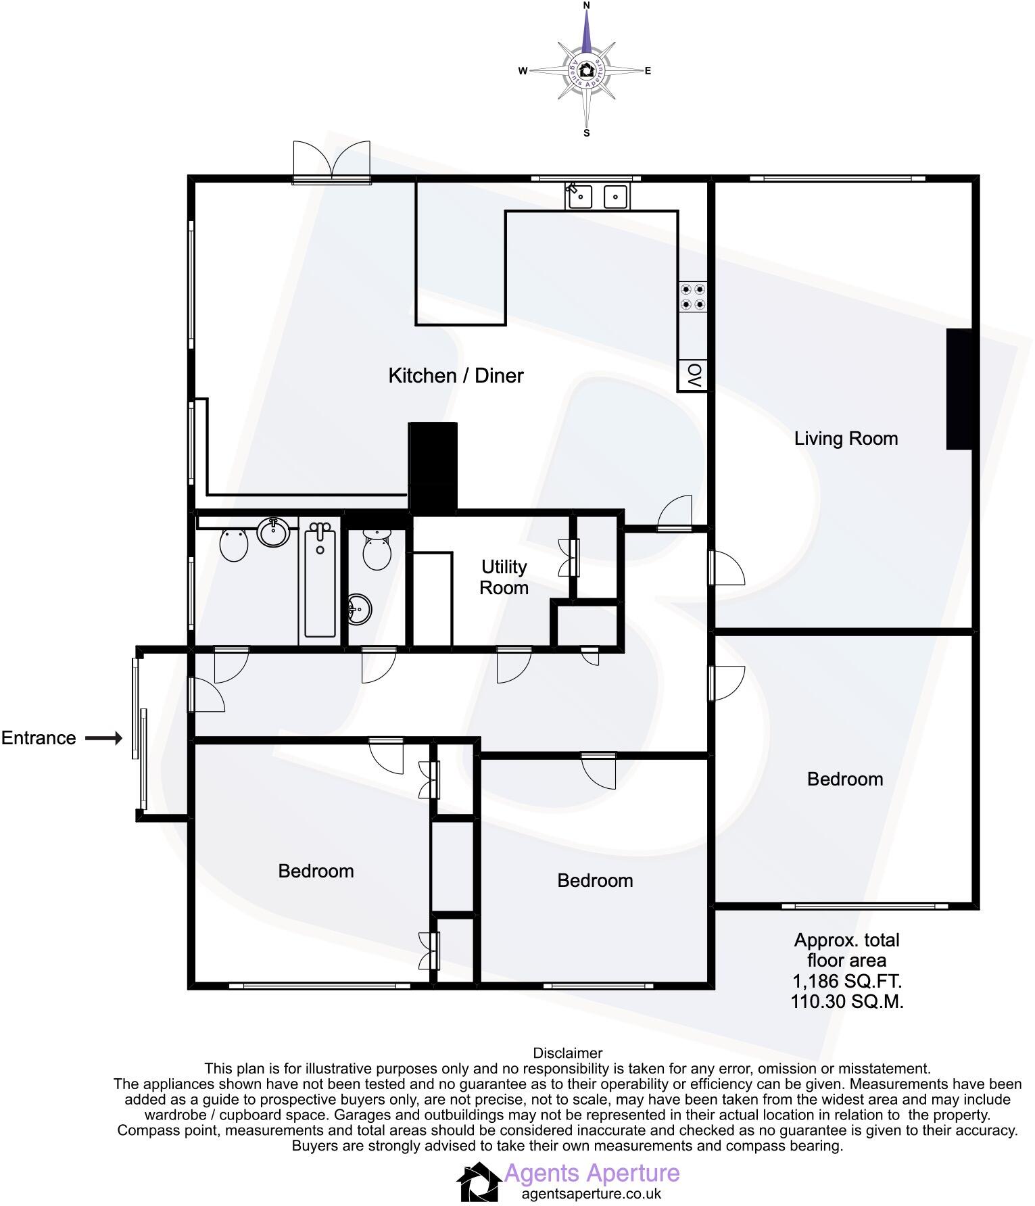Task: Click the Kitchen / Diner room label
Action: click(x=456, y=376)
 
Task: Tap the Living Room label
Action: click(x=846, y=439)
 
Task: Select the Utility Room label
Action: click(x=504, y=577)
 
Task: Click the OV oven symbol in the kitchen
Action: click(x=693, y=375)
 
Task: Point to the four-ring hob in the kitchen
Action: click(x=693, y=297)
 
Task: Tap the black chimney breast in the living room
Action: click(x=959, y=389)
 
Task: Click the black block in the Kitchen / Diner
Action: click(x=433, y=466)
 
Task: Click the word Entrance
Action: click(x=39, y=738)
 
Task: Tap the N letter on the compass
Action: click(x=586, y=5)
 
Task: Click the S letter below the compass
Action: click(x=586, y=133)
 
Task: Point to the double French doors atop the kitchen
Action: click(x=332, y=161)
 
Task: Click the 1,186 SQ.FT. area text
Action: click(x=846, y=981)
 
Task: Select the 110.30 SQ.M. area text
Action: click(x=846, y=1001)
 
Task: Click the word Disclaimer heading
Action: click(x=567, y=1053)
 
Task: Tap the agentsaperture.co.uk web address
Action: click(x=591, y=1194)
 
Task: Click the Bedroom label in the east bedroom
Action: click(x=845, y=779)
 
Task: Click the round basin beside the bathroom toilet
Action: click(x=274, y=533)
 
